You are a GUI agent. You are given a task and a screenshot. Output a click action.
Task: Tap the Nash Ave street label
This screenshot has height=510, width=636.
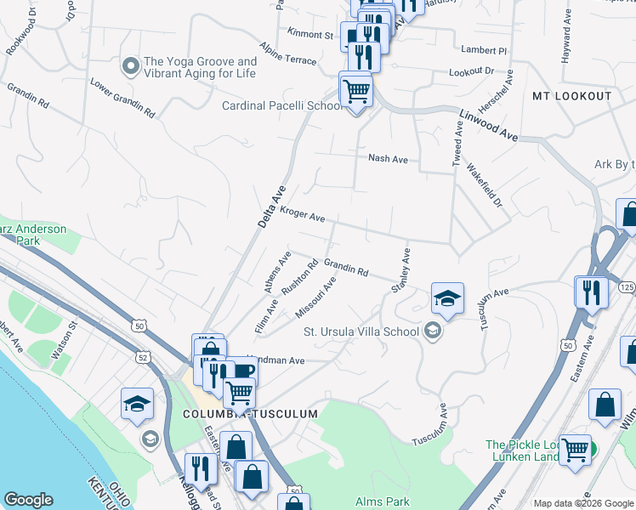pyautogui.click(x=388, y=158)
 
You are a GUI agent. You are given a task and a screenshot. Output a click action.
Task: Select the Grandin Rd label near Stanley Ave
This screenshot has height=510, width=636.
pyautogui.click(x=345, y=268)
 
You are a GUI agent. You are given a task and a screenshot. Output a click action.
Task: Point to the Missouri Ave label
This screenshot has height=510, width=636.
pyautogui.click(x=315, y=297)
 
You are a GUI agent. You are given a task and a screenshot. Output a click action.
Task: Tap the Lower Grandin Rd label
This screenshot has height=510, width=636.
pyautogui.click(x=123, y=99)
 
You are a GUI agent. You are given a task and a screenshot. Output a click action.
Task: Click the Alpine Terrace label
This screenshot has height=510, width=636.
pyautogui.click(x=288, y=54)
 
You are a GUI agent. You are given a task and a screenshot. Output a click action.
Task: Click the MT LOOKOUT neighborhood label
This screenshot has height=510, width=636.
pyautogui.click(x=572, y=96)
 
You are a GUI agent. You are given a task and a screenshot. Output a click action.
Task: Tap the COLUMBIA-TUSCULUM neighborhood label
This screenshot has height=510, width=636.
pyautogui.click(x=249, y=414)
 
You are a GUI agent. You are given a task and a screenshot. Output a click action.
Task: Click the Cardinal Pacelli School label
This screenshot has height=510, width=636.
pyautogui.click(x=281, y=106)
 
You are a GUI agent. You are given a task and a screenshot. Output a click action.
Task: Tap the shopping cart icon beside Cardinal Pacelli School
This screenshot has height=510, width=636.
pyautogui.click(x=355, y=89)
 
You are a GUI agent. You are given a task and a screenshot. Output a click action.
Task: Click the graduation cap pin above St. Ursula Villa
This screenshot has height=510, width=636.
pyautogui.click(x=447, y=297)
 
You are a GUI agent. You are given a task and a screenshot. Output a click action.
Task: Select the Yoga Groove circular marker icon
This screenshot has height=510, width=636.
pyautogui.click(x=130, y=65)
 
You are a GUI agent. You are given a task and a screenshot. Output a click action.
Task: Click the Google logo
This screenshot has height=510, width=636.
pyautogui.click(x=28, y=500)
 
